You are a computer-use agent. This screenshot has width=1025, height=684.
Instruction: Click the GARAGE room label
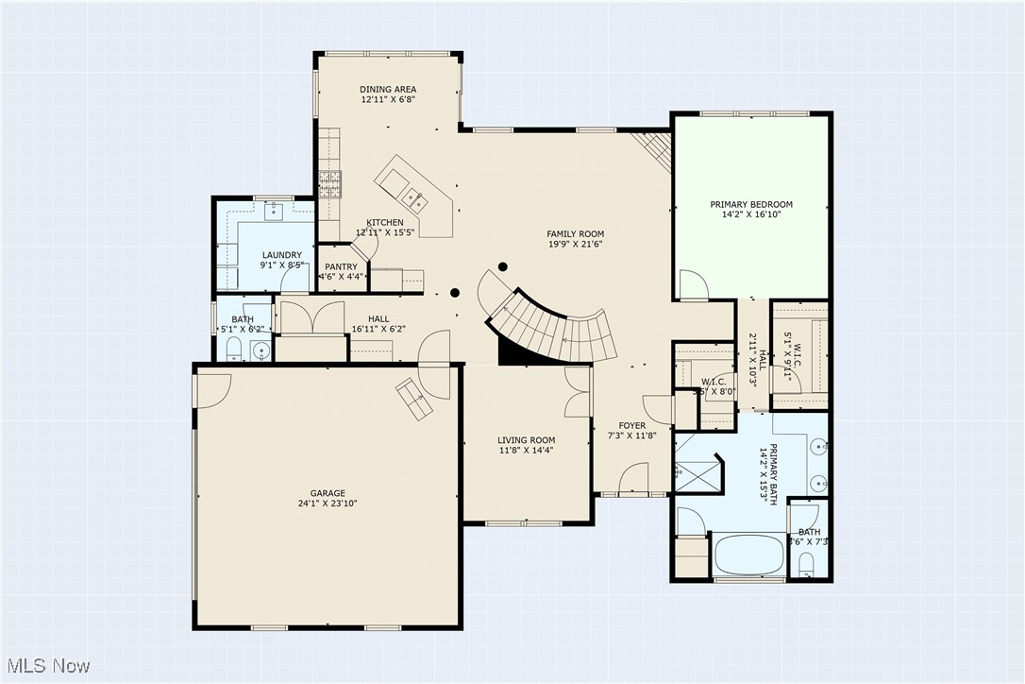tap(328, 493)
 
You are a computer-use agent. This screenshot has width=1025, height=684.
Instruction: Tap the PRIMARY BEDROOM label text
tap(750, 204)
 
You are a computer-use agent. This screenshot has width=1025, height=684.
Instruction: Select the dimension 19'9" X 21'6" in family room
tap(575, 244)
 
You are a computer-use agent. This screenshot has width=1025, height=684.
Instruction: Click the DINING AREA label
tap(388, 90)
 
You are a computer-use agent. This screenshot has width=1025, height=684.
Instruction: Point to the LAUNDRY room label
tap(281, 255)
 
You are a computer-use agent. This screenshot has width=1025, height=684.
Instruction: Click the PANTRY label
tap(341, 267)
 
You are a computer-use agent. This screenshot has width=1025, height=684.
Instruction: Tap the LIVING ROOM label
tap(527, 440)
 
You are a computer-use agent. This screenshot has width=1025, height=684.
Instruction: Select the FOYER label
tap(632, 426)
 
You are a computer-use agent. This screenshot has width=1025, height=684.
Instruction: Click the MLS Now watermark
tap(45, 665)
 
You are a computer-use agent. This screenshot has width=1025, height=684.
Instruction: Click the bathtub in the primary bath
tap(750, 555)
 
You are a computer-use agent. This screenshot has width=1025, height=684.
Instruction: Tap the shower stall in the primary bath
tap(697, 470)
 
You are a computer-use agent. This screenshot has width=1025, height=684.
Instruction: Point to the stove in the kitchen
tap(328, 182)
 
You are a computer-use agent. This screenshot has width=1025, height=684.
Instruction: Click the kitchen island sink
tap(412, 197)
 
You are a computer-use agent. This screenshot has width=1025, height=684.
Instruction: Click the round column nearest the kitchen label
tap(455, 293)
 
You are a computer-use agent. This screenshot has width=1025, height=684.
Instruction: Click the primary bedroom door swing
tap(692, 284)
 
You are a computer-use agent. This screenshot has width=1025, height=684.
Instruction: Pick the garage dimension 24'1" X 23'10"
tap(328, 504)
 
